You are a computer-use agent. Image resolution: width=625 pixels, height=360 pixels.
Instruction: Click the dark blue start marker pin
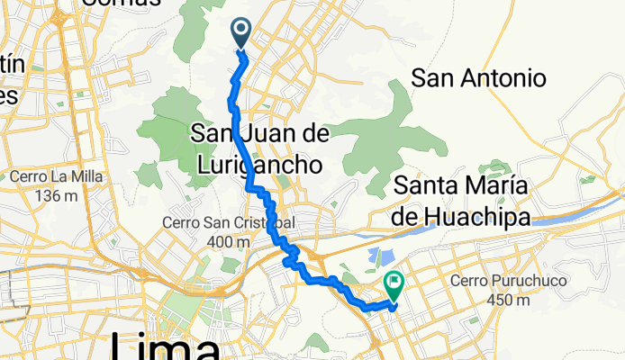[242, 32]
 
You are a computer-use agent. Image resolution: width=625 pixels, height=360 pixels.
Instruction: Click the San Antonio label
[478, 78]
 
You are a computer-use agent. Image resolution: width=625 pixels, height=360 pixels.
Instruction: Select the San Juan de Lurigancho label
[259, 148]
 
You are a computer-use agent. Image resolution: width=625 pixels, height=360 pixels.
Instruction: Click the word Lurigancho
[259, 165]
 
